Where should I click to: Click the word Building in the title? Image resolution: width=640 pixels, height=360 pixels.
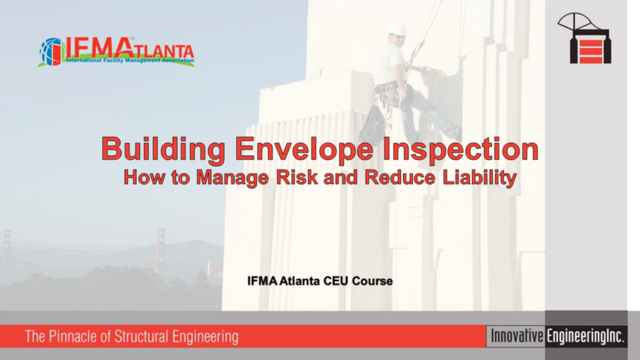pyautogui.click(x=163, y=149)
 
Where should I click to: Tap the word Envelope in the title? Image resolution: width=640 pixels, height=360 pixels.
pyautogui.click(x=304, y=149)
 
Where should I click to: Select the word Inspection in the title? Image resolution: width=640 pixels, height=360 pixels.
pyautogui.click(x=461, y=149)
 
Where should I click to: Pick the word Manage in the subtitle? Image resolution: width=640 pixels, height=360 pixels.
pyautogui.click(x=232, y=178)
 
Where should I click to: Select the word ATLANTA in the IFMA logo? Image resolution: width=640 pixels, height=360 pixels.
pyautogui.click(x=163, y=51)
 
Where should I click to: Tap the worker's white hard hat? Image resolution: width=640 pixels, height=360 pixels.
pyautogui.click(x=397, y=29)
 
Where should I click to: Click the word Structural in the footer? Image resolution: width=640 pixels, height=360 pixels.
pyautogui.click(x=141, y=337)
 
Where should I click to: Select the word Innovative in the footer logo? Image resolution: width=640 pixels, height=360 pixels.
pyautogui.click(x=517, y=336)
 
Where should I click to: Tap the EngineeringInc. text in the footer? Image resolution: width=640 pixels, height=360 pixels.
pyautogui.click(x=585, y=336)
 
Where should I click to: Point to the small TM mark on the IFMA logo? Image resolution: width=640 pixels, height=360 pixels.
pyautogui.click(x=131, y=39)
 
